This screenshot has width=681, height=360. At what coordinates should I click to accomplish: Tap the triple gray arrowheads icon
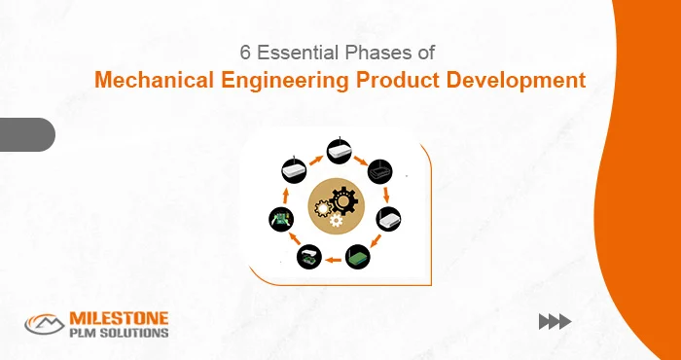point(555,322)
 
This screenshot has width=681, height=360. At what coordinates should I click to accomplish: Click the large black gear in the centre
point(341,202)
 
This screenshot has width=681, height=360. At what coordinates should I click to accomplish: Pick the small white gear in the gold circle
point(334,221)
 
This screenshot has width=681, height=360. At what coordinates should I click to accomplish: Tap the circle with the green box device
point(360,256)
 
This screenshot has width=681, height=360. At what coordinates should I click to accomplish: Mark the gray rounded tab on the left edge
point(26,133)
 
